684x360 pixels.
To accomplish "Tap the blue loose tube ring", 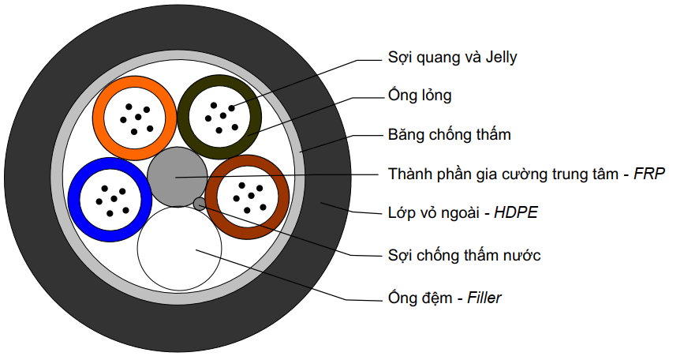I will pyautogui.click(x=75, y=199).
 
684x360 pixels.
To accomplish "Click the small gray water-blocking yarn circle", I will pyautogui.click(x=200, y=204).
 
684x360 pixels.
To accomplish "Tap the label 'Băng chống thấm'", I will pyautogui.click(x=449, y=135).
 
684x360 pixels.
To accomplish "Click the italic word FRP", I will pyautogui.click(x=650, y=174).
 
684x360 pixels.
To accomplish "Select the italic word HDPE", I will pyautogui.click(x=516, y=213).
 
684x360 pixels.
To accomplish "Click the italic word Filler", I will pyautogui.click(x=484, y=298).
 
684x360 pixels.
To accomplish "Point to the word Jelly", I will pyautogui.click(x=498, y=58).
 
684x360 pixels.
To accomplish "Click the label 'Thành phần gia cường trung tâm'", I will pyautogui.click(x=504, y=174).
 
